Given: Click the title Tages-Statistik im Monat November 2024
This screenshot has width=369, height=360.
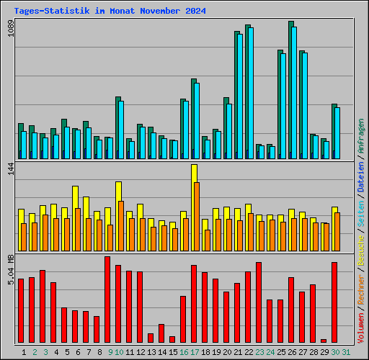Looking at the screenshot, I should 110,12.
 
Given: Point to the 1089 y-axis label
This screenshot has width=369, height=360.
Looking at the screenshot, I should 10,33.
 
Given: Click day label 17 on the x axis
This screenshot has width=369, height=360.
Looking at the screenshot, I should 195,351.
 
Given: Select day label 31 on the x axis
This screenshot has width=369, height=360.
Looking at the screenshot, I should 346,351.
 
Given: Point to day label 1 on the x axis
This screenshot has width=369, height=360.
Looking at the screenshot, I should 24,351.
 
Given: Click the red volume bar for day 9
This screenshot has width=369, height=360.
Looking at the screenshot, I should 107,300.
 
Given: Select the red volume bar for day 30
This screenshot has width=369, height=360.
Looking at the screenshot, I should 334,302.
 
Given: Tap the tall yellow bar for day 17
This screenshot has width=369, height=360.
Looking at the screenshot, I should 194,173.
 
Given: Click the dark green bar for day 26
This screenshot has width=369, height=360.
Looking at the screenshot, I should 290,90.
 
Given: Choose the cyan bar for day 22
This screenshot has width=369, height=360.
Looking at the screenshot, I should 250,94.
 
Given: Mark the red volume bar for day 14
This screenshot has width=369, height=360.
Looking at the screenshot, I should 161,333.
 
